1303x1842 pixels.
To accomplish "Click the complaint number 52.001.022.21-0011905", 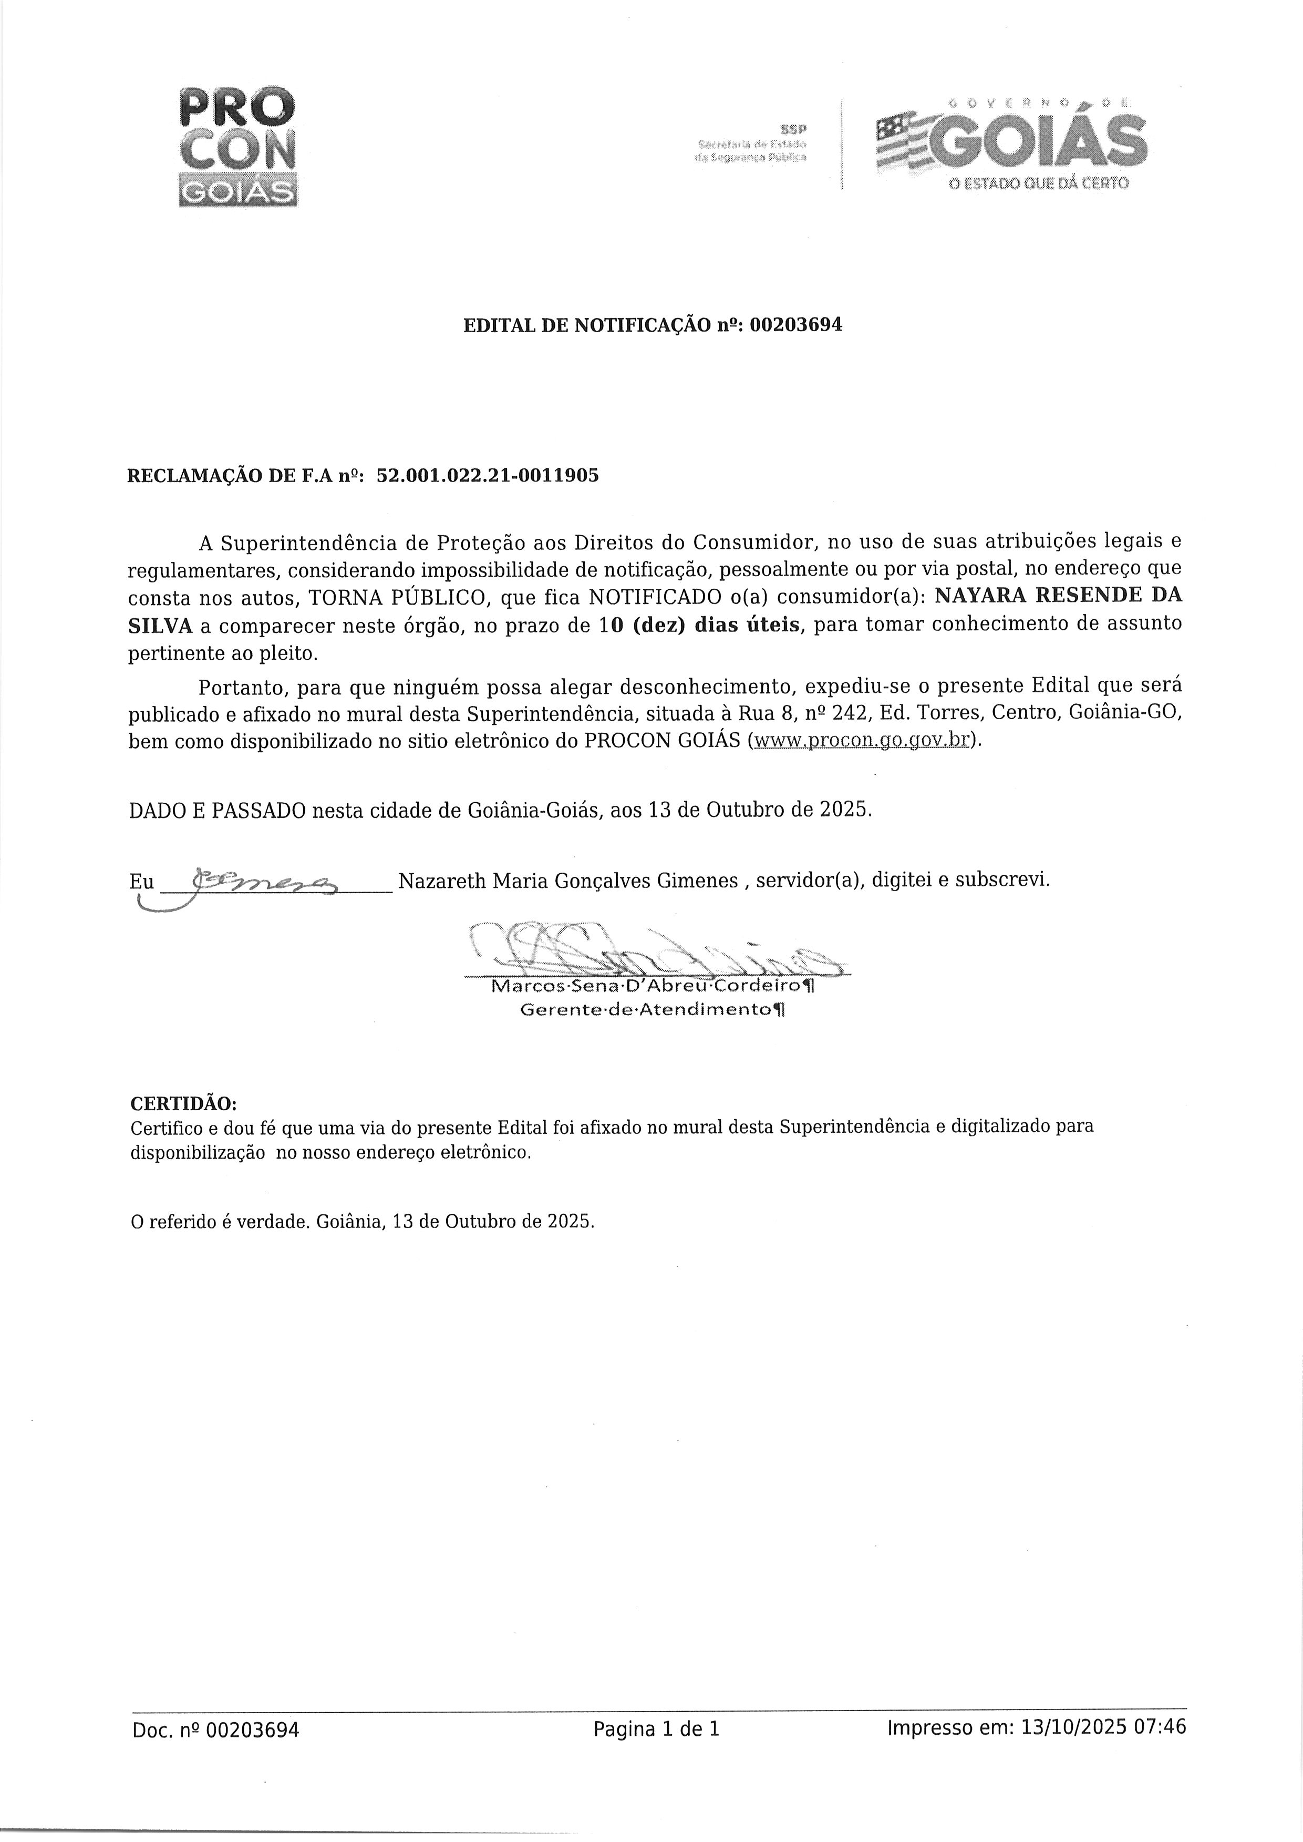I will pyautogui.click(x=487, y=475).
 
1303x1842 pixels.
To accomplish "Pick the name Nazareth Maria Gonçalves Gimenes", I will pyautogui.click(x=568, y=881).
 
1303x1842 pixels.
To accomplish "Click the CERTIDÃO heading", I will pyautogui.click(x=184, y=1101).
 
